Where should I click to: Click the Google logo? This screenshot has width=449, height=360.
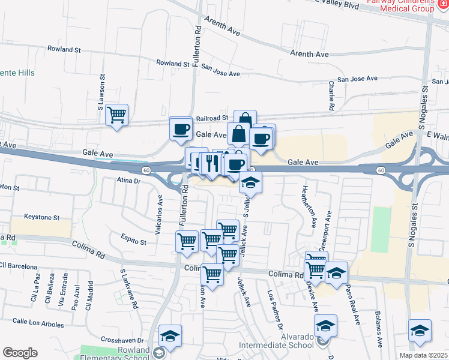(x=20, y=353)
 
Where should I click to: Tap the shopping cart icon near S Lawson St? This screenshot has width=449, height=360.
(x=116, y=115)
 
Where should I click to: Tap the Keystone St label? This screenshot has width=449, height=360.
(x=41, y=217)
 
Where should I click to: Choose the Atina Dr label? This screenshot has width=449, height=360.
(x=128, y=179)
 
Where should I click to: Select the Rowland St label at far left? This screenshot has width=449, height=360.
(x=64, y=49)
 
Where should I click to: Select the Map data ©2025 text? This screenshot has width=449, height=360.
(x=423, y=355)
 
